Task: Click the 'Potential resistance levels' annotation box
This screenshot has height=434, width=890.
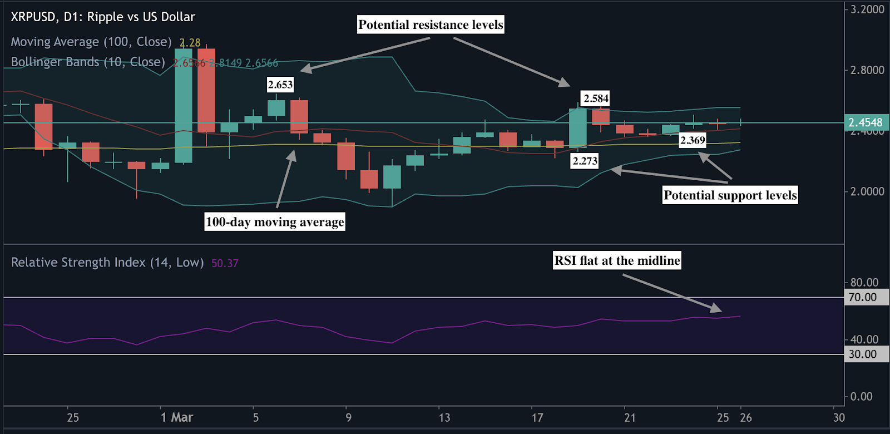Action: tap(431, 24)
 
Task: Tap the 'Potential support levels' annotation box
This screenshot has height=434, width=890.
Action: tap(730, 195)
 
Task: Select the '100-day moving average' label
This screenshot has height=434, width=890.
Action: tap(275, 222)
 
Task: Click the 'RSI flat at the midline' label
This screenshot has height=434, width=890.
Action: tap(617, 260)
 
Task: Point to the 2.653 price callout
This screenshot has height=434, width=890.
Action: tap(280, 85)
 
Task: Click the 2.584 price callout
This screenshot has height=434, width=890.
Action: tap(596, 98)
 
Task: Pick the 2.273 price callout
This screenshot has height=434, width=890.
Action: tap(585, 161)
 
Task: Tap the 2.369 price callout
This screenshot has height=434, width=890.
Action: tap(693, 140)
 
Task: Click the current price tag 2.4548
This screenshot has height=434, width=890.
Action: tap(866, 122)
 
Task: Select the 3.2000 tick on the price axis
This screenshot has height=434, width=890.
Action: tap(867, 9)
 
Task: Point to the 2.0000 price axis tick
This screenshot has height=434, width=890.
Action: tap(867, 191)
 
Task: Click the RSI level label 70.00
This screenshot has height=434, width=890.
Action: tap(863, 297)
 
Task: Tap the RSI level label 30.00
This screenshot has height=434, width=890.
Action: tap(863, 354)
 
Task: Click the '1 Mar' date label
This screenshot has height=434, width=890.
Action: tap(177, 417)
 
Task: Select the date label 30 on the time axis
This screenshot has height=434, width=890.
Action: tap(839, 417)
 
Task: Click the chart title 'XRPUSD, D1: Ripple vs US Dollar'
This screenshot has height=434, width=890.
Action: tap(103, 17)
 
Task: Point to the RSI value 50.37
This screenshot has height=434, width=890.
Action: tap(225, 263)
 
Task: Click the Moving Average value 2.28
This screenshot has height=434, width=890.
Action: tap(190, 43)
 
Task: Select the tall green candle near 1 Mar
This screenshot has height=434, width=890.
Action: tap(184, 106)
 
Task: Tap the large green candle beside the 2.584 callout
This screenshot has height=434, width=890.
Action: tap(578, 127)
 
